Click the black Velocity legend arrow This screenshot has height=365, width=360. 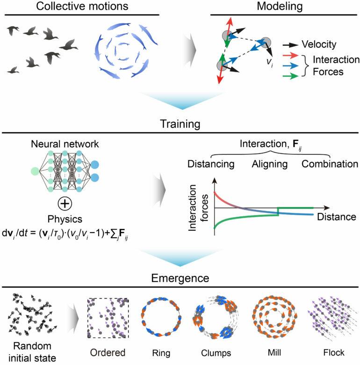[292, 45]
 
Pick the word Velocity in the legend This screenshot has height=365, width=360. [323, 45]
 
